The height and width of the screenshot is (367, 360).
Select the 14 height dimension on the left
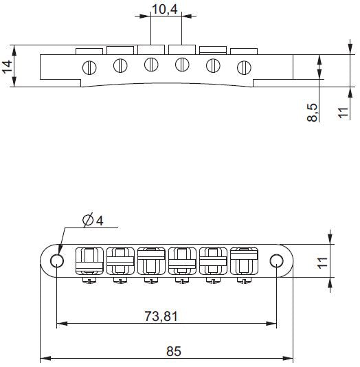pos(8,66)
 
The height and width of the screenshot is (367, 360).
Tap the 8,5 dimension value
pos(313,112)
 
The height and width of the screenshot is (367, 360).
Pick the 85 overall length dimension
pos(173,351)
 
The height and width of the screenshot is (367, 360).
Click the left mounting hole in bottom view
pos(56,260)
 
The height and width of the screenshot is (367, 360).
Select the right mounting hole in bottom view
pos(276,260)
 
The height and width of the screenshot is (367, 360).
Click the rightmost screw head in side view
pos(243,67)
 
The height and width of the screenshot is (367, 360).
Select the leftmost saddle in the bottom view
pos(88,260)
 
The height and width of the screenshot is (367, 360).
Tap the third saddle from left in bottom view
pos(150,260)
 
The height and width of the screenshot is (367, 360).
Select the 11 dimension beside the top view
pos(344,111)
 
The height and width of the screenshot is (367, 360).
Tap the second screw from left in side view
pos(120,66)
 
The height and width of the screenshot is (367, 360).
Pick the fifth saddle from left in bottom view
pos(212,260)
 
